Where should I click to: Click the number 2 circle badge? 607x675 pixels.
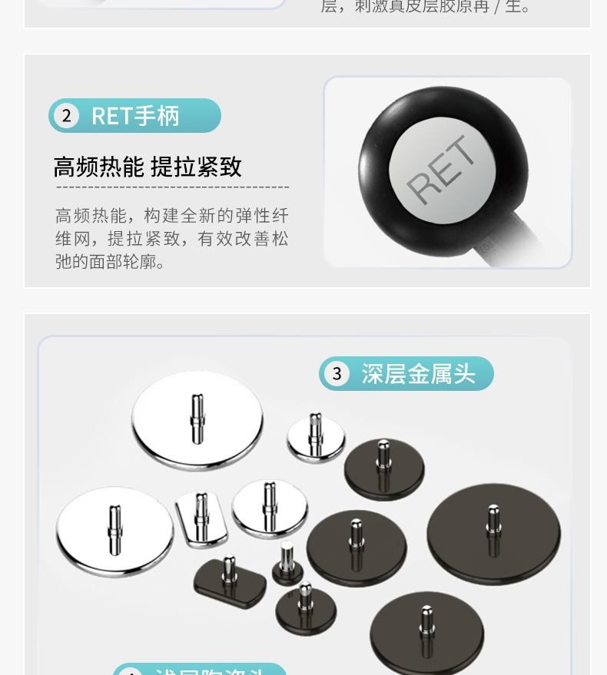click(66, 116)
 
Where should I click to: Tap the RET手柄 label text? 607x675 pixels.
click(135, 116)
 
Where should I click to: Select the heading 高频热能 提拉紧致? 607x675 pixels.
click(148, 167)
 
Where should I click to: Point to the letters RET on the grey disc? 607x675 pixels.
click(436, 170)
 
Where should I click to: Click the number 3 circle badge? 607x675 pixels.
click(337, 374)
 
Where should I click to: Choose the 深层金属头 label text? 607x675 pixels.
click(419, 374)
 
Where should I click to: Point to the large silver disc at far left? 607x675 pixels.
click(114, 531)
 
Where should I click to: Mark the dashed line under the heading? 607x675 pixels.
click(172, 187)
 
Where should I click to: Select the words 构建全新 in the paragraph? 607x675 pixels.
click(179, 216)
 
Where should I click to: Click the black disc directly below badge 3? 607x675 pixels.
click(383, 468)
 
